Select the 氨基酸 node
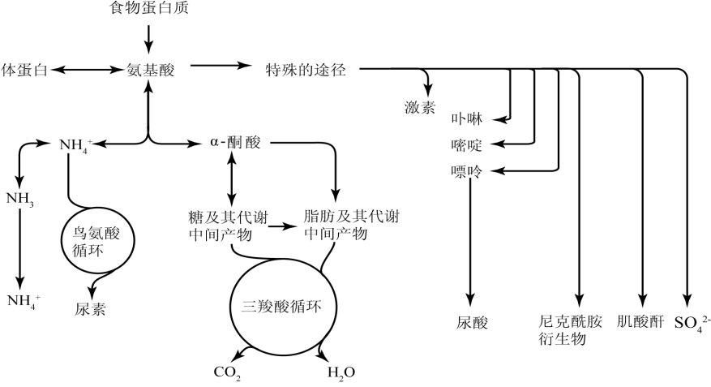[151, 71]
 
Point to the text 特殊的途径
[306, 71]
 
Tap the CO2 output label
[227, 374]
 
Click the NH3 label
[19, 198]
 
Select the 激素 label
[421, 107]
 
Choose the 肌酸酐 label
[640, 323]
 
